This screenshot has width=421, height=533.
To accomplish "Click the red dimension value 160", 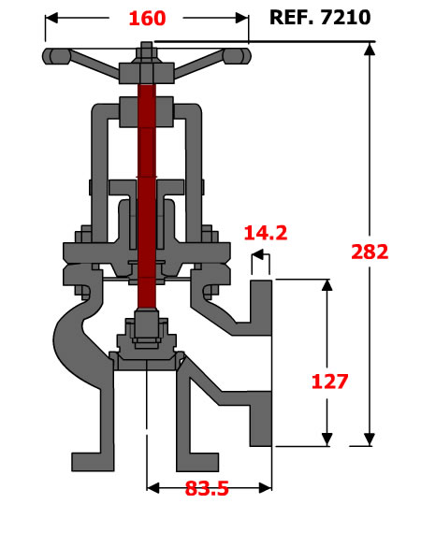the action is (147, 19).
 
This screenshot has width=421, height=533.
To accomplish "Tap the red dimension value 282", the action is (370, 252).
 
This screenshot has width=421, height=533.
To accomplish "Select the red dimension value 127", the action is (329, 382).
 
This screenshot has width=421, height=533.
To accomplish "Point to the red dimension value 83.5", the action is (207, 488).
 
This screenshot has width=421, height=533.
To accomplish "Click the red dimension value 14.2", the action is (266, 233).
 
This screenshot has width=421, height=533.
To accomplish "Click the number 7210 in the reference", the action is (345, 17).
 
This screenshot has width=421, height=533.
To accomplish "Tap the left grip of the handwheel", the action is (56, 56).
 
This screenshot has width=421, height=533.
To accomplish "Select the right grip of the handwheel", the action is (238, 56).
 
